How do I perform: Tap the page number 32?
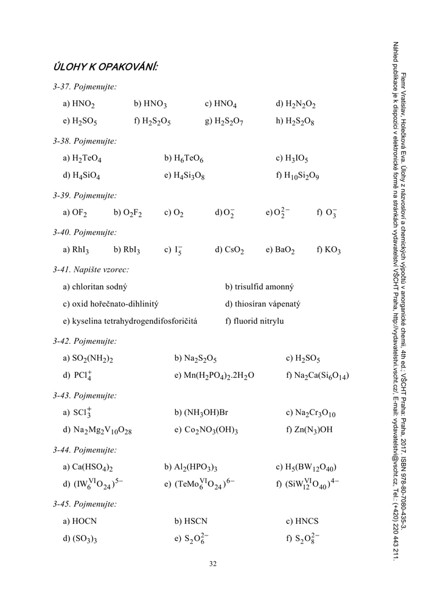coord(213,563)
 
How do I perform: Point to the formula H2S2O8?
coord(299,121)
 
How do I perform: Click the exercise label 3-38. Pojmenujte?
coord(85,141)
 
